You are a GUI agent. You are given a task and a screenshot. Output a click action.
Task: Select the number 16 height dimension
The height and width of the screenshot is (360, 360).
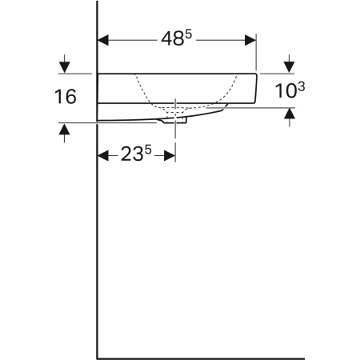click(66, 98)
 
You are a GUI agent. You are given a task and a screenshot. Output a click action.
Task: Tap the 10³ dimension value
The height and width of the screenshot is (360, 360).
click(288, 90)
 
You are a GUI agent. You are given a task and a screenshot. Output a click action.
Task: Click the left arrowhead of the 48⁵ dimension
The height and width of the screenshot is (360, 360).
click(102, 38)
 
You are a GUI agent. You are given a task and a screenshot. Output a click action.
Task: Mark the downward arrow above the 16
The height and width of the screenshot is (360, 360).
click(63, 66)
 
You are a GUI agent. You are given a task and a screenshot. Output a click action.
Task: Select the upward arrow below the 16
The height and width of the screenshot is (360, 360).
click(63, 130)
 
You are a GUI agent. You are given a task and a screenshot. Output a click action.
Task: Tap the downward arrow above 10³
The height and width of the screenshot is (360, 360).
click(290, 66)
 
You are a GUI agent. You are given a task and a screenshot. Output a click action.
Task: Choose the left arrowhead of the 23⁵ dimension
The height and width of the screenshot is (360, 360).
click(102, 156)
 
